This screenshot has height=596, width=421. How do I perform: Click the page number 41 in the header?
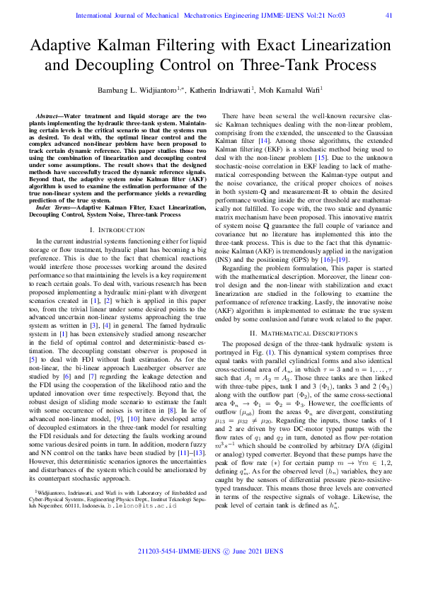(x=388, y=15)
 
